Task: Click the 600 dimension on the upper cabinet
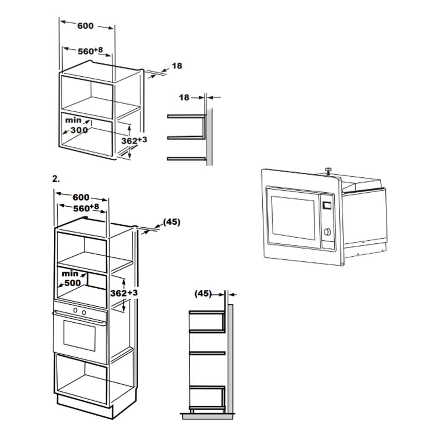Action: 85,26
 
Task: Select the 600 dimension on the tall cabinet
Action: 81,197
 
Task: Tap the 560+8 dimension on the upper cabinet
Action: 90,51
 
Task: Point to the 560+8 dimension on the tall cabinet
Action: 86,208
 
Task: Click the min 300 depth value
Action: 76,126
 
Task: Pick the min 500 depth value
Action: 72,278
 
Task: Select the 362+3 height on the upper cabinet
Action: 134,140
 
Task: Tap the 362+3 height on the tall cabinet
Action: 124,293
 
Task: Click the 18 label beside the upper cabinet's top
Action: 177,66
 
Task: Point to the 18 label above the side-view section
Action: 184,97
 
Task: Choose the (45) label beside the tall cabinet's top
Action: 172,222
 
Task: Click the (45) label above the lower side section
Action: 203,293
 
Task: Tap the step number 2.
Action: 56,179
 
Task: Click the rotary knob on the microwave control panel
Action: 327,232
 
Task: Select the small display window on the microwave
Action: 327,205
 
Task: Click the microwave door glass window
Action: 293,218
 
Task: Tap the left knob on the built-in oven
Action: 75,310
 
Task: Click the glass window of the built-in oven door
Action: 79,335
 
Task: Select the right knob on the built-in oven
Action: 84,312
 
